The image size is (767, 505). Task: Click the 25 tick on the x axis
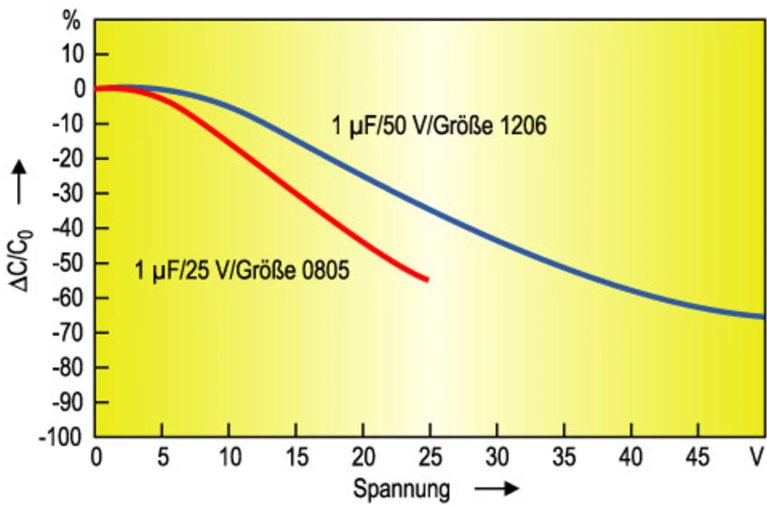[428, 458]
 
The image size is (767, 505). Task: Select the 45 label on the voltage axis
[697, 458]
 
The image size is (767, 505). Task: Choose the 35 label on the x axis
[563, 458]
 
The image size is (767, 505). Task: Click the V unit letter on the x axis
[757, 458]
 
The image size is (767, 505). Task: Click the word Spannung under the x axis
[401, 489]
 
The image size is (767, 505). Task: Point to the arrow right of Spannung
[497, 489]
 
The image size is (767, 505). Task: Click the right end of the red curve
[427, 279]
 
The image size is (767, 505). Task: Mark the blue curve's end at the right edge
[763, 316]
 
